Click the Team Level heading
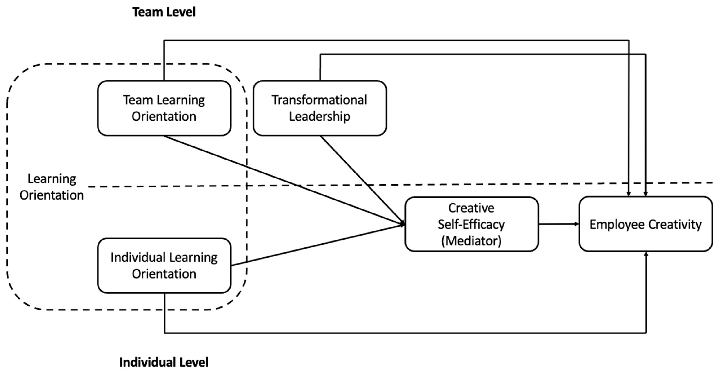(164, 12)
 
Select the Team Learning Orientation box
(164, 108)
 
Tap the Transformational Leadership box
(320, 108)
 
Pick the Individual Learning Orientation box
(164, 265)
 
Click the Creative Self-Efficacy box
(471, 224)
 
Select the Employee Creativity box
(645, 224)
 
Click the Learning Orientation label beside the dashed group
(52, 187)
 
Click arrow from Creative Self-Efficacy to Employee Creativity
(558, 224)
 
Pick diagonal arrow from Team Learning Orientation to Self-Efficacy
(280, 179)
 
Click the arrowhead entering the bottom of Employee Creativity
(646, 254)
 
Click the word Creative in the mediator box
(471, 208)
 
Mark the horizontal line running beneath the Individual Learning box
(405, 333)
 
